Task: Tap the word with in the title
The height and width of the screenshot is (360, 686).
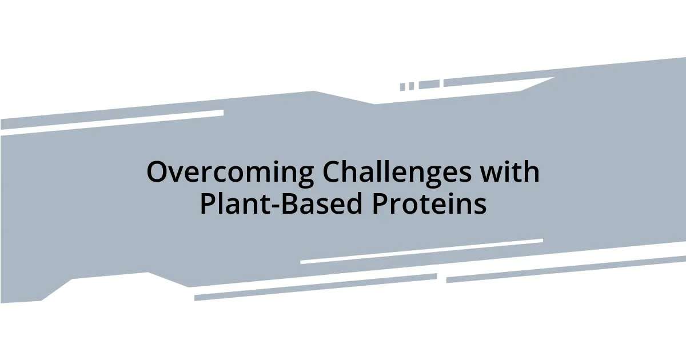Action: coord(512,172)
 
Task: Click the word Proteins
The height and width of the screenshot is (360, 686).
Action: coord(429,204)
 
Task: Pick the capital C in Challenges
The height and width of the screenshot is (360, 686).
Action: coord(333,173)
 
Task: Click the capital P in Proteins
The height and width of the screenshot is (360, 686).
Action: coord(380,204)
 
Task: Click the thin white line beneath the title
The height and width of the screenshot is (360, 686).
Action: coord(421,251)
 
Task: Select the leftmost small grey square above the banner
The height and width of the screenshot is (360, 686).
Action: coord(402,87)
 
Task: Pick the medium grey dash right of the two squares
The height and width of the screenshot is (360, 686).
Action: coord(429,85)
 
